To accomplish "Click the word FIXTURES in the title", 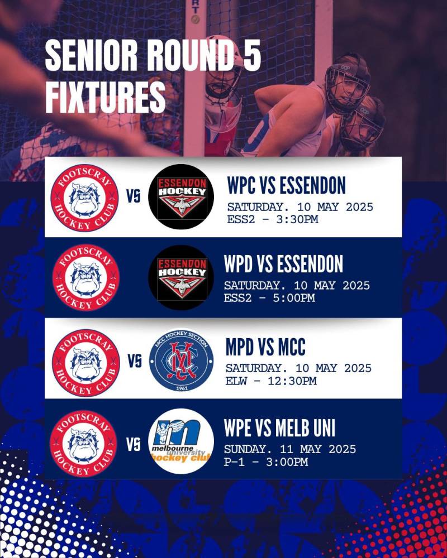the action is (106, 97).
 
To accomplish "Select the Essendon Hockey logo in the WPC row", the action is (181, 197).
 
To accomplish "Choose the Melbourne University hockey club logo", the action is (181, 441).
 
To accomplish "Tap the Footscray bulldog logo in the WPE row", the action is (83, 444).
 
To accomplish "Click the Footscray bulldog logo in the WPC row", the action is (84, 198).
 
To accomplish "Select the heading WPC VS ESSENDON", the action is (287, 185).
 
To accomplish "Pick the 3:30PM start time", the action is (297, 219).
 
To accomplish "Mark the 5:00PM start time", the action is (294, 298).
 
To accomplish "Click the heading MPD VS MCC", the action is (265, 347).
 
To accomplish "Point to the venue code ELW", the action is (236, 381).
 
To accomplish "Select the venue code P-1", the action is (234, 462).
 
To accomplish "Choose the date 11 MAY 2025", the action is (318, 449).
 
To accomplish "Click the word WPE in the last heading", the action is (237, 428).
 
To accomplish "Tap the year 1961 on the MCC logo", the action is (182, 388).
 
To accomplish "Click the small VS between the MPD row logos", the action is (135, 361).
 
